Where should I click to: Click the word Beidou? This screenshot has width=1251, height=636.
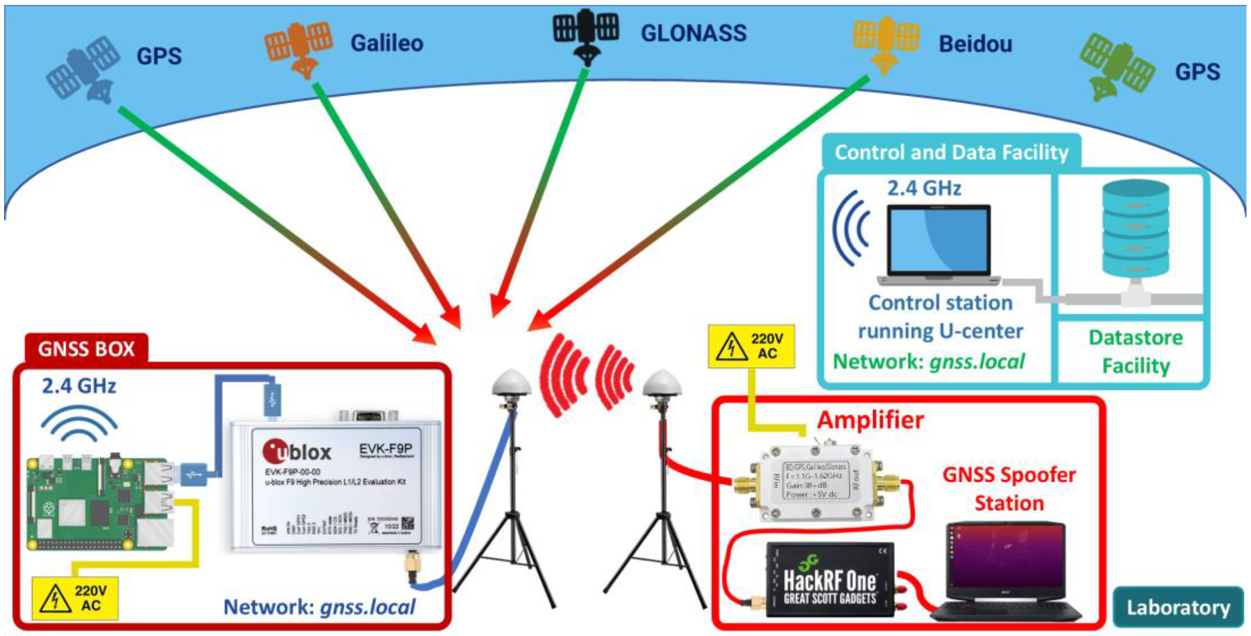[x=975, y=44]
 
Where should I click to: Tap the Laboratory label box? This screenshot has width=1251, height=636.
[x=1178, y=607]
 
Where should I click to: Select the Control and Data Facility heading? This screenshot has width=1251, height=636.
[x=951, y=152]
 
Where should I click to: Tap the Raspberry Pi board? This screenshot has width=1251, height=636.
[x=99, y=503]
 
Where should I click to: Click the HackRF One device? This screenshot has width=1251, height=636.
[x=829, y=580]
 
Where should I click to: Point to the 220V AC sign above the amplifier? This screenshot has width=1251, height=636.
[x=751, y=346]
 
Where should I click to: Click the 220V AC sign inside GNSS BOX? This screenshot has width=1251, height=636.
[x=75, y=598]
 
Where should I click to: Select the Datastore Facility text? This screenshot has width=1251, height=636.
[x=1135, y=352]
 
